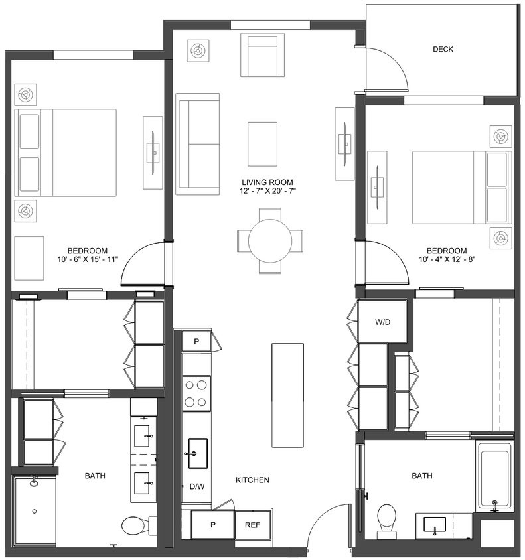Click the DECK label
tap(443, 49)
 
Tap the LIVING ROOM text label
tap(267, 182)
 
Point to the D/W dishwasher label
tap(197, 486)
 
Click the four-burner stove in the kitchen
tap(196, 393)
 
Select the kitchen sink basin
tap(197, 453)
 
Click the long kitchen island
tap(287, 395)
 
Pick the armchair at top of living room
tap(262, 52)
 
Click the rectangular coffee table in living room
tap(262, 144)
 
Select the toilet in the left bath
tap(135, 525)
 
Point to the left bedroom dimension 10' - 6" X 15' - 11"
tap(88, 259)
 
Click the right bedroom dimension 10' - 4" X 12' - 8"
tap(442, 259)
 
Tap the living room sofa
tap(197, 144)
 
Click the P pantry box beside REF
tap(213, 525)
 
